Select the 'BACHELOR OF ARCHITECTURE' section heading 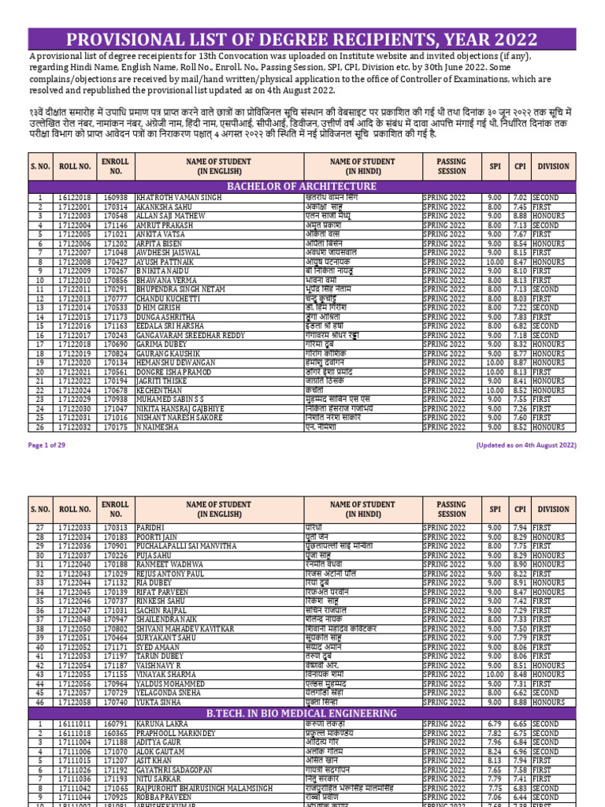click(302, 186)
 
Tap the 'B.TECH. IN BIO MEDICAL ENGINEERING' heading click(302, 713)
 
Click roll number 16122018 click(75, 198)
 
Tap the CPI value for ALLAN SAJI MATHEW click(519, 215)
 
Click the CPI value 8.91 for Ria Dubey click(519, 582)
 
